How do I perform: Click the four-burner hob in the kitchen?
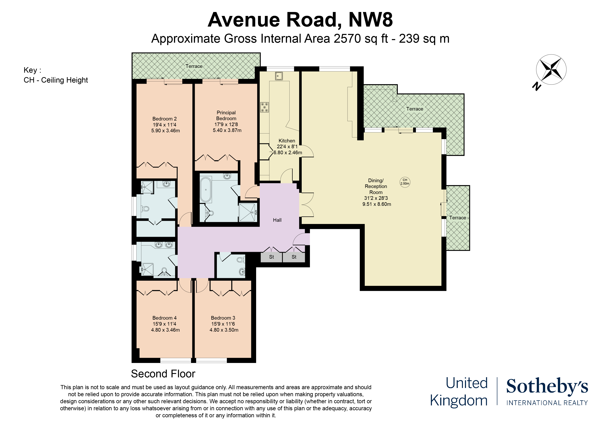pos(264,107)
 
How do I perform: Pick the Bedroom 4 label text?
pos(164,318)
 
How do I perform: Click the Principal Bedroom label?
pos(226,116)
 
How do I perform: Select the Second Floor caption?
pos(163,374)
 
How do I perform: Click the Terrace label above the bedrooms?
pos(194,66)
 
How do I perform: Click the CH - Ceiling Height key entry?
pos(56,80)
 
